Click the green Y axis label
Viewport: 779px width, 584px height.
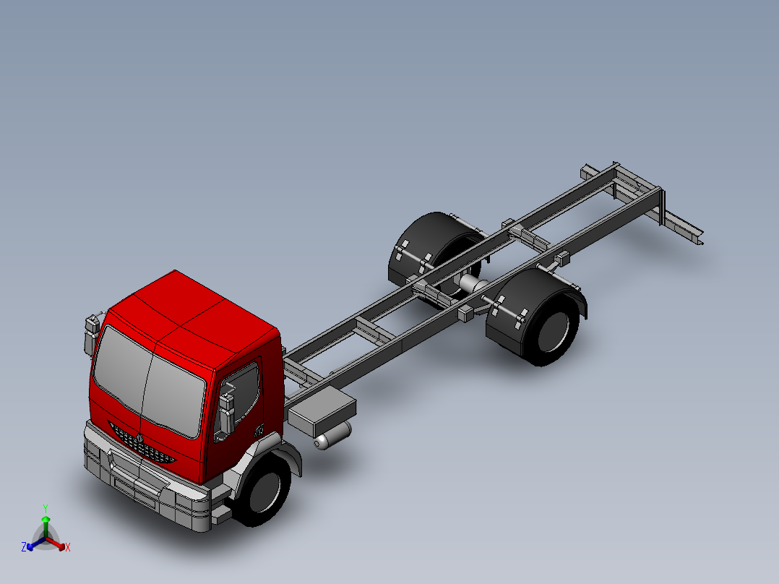click(46, 508)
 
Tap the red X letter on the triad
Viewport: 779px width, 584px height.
click(68, 548)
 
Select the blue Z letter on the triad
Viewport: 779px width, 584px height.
click(24, 548)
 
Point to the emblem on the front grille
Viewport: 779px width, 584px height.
click(139, 438)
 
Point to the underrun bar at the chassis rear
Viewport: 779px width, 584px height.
click(683, 227)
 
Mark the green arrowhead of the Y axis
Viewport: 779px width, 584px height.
click(46, 520)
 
